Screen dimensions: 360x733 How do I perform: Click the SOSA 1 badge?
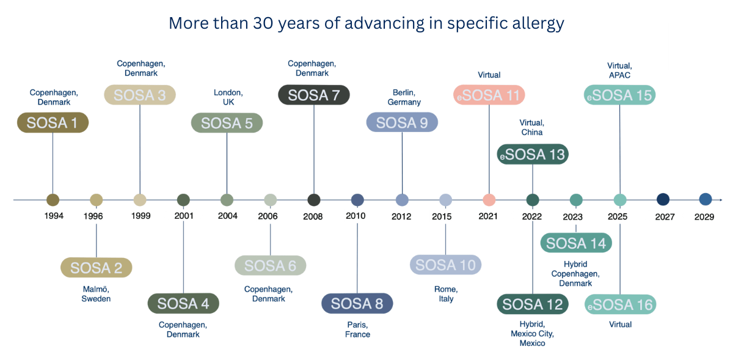tap(53, 123)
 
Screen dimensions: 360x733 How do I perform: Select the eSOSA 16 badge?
tap(620, 304)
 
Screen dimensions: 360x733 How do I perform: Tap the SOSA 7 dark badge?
tap(314, 95)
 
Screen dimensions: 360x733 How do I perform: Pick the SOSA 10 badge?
tap(445, 265)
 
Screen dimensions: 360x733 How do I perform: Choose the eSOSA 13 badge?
tap(533, 155)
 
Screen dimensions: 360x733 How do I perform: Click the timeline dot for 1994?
tap(53, 200)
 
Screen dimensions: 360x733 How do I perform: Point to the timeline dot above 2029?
tap(706, 199)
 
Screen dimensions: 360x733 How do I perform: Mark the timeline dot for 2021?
tap(489, 200)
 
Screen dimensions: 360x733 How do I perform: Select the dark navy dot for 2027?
tap(663, 199)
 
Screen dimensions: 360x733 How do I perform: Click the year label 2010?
tap(356, 216)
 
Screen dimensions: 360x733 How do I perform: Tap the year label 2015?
tap(442, 216)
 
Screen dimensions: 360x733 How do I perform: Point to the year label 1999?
tap(140, 216)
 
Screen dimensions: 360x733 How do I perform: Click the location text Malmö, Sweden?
tap(97, 294)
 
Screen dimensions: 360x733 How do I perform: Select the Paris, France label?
tap(357, 329)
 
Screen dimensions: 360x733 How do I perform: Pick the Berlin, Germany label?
tap(404, 97)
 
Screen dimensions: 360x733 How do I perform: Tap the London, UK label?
tap(228, 97)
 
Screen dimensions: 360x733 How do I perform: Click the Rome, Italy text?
tap(446, 294)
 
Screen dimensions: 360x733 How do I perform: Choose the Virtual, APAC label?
tap(619, 70)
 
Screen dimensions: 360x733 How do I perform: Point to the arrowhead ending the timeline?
tap(721, 200)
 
